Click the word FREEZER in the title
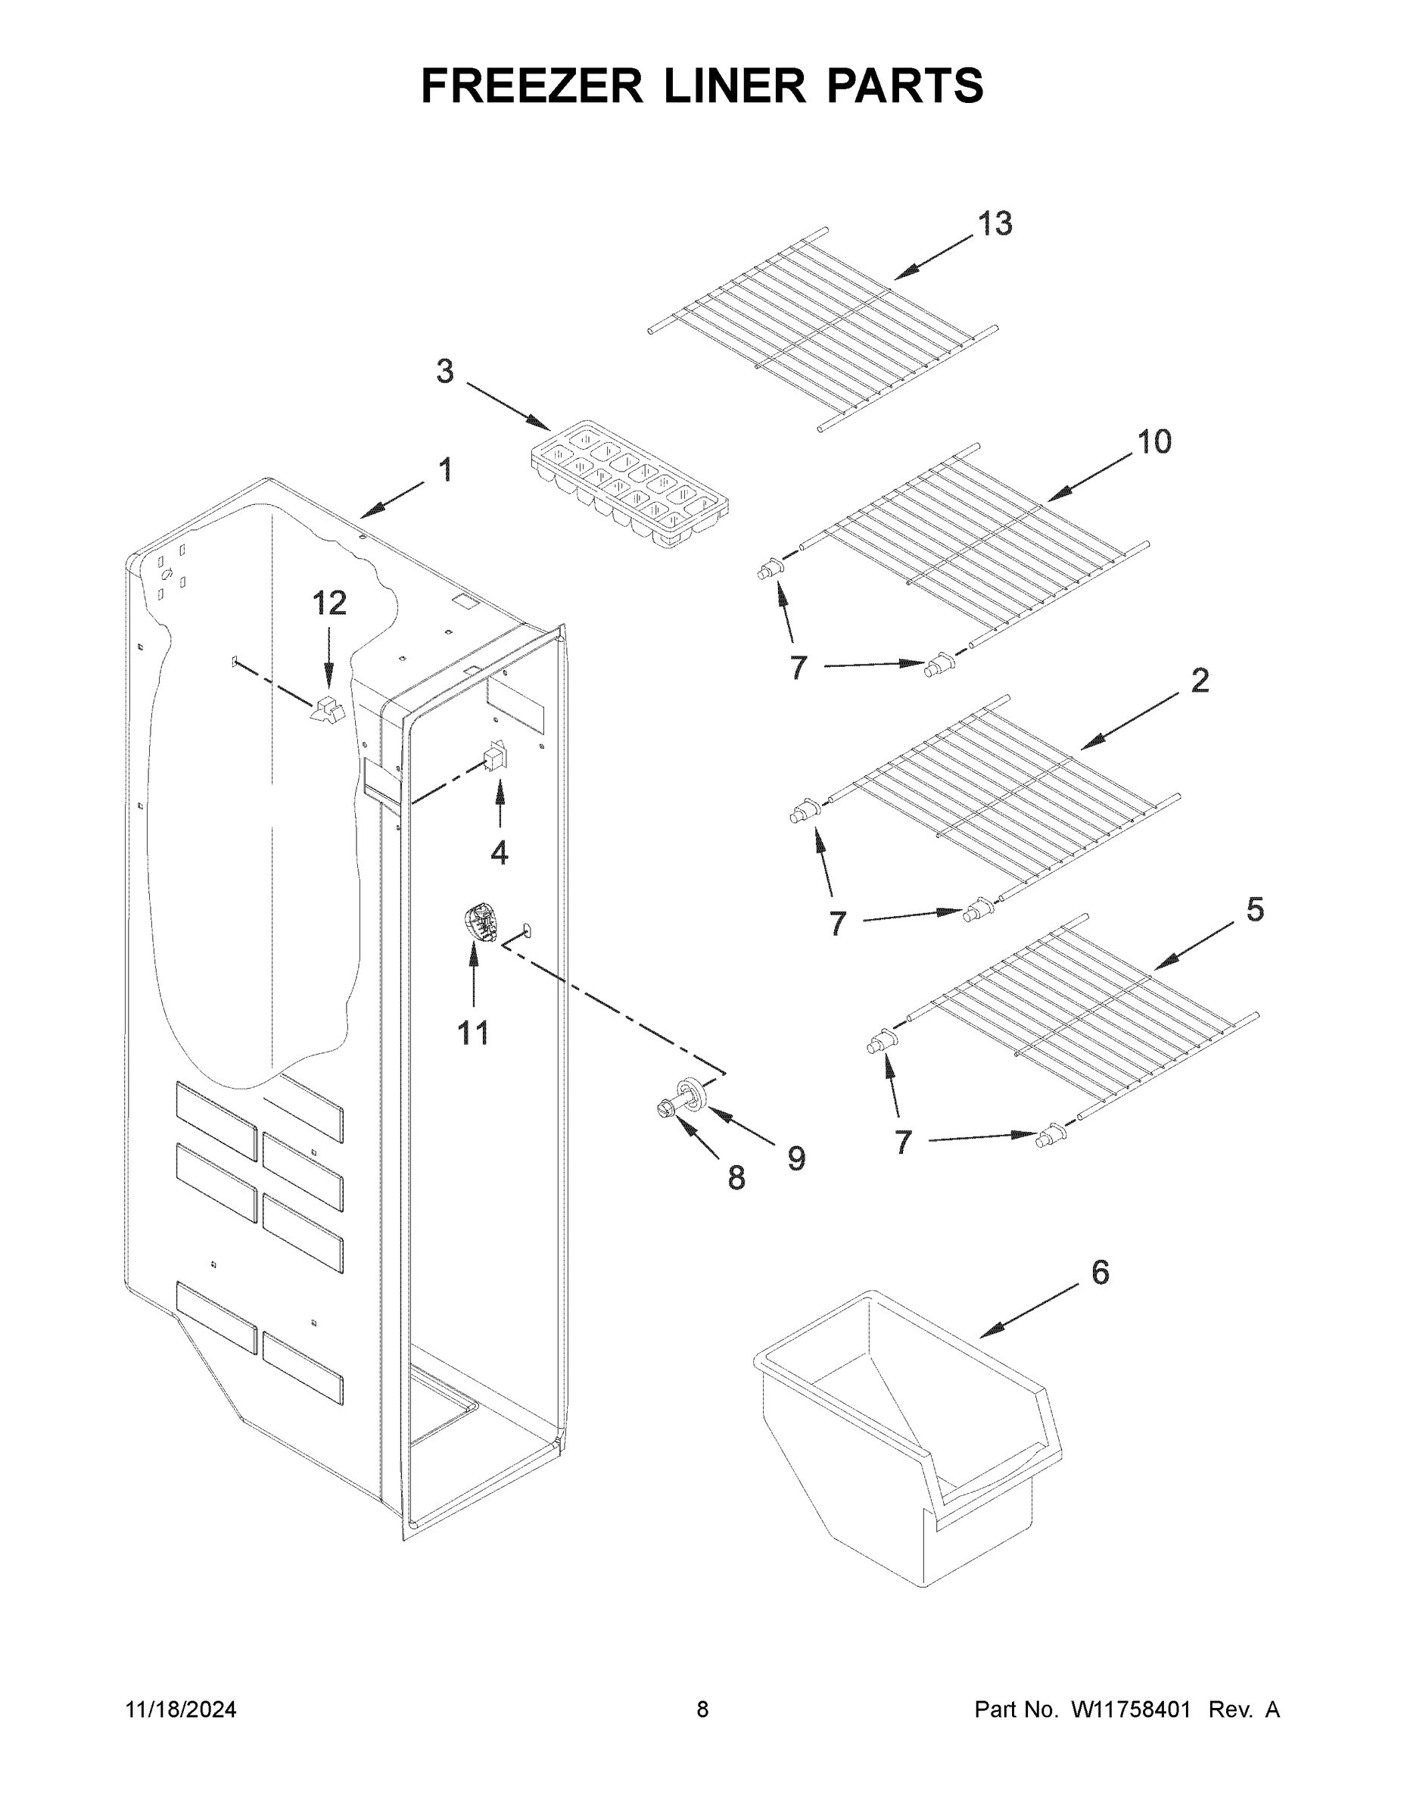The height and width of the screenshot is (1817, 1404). pos(531,86)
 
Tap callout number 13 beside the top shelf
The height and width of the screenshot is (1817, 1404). pos(994,224)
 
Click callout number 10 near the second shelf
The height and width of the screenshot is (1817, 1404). pos(1153,442)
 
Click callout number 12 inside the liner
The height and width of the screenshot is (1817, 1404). pos(329,603)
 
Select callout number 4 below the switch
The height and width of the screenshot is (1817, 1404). pos(499,852)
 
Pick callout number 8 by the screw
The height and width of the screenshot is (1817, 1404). pos(735,1177)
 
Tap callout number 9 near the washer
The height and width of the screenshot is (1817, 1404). pos(796,1158)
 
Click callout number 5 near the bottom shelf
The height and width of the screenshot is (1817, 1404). pos(1254,909)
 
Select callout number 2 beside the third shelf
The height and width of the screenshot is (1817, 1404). pos(1200,681)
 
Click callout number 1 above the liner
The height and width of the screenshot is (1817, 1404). pos(446,470)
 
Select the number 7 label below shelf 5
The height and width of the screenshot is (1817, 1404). pos(903,1142)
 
